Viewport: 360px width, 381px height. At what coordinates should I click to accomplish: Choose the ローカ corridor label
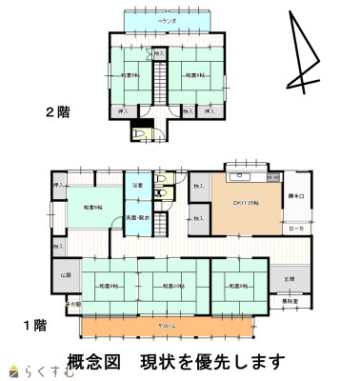coord(296,229)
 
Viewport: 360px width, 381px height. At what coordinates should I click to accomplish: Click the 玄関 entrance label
coord(289,279)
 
